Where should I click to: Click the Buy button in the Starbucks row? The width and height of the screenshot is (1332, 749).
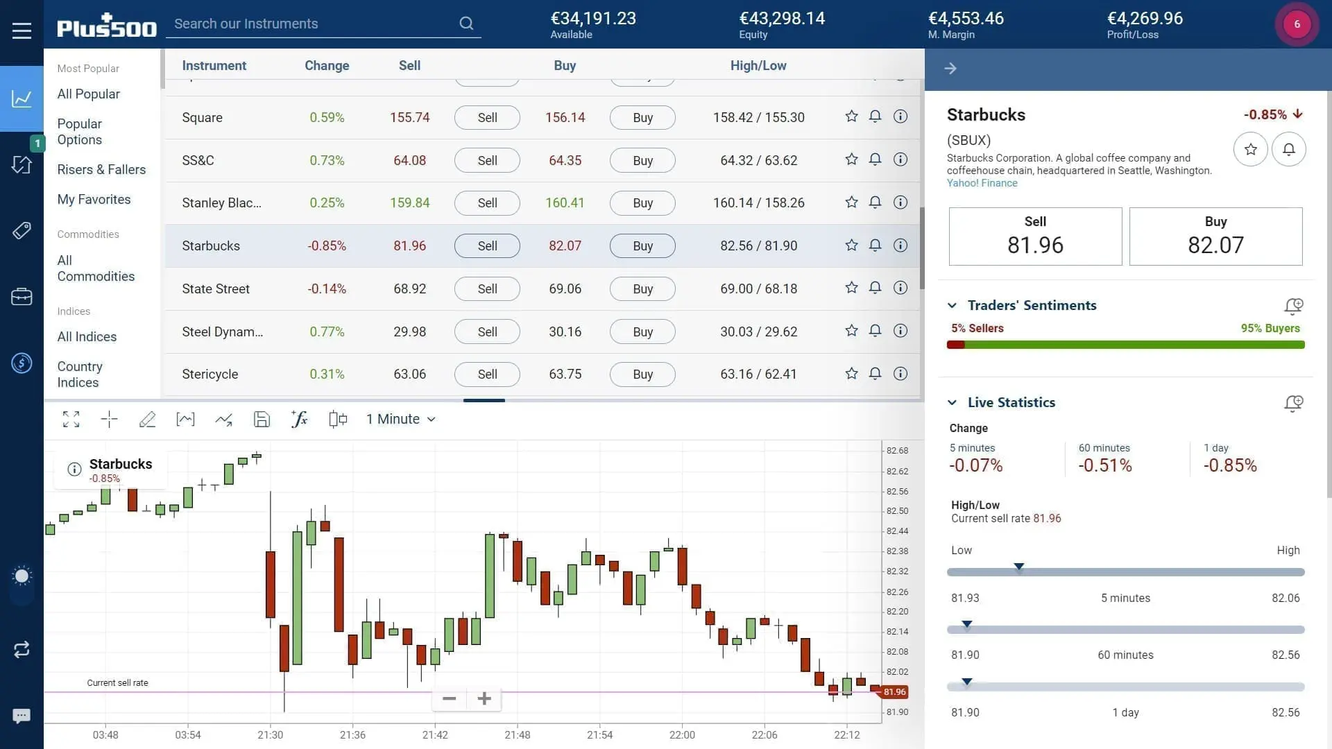click(x=642, y=246)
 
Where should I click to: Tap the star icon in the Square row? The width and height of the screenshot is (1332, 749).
click(x=851, y=117)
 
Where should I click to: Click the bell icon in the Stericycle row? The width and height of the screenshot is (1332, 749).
click(x=875, y=374)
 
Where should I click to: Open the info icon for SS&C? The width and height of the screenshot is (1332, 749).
click(x=900, y=160)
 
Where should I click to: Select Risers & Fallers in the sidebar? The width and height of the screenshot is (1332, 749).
click(x=101, y=170)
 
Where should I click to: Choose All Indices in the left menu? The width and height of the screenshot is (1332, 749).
click(x=87, y=337)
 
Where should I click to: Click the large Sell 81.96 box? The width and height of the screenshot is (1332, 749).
click(x=1034, y=236)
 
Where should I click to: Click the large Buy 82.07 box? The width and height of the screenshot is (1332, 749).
click(x=1215, y=236)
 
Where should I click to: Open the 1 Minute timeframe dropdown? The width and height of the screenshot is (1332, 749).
click(x=400, y=420)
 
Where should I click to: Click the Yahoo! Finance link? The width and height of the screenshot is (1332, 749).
click(x=982, y=183)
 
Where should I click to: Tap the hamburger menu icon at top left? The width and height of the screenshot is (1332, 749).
click(x=22, y=31)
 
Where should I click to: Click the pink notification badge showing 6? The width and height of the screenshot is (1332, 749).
click(x=1296, y=24)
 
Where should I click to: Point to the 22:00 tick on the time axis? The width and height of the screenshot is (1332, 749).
click(x=681, y=734)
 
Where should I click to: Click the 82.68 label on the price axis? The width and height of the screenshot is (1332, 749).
click(x=896, y=451)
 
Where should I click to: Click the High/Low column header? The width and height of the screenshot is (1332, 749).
click(x=758, y=66)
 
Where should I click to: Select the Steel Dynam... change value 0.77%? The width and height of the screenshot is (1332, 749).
click(x=327, y=332)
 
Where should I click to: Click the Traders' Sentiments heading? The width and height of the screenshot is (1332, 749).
click(x=1032, y=306)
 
